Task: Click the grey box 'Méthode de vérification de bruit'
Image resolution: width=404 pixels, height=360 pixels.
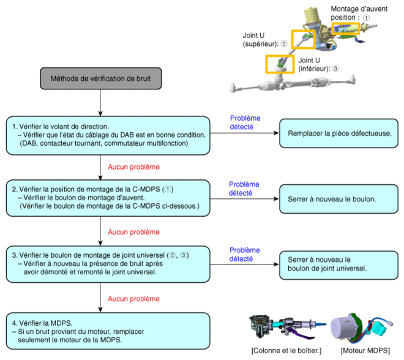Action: click(x=101, y=78)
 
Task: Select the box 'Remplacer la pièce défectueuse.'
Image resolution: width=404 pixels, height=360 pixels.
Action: click(x=339, y=133)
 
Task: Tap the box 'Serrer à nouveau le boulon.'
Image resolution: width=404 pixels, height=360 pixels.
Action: click(x=339, y=199)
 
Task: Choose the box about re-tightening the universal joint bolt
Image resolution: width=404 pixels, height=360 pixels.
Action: click(x=339, y=264)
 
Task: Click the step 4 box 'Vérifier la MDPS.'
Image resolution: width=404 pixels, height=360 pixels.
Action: click(x=108, y=331)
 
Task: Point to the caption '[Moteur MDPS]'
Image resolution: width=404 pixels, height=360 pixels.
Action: click(x=365, y=350)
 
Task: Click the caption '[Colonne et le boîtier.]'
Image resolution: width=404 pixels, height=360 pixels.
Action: click(x=286, y=350)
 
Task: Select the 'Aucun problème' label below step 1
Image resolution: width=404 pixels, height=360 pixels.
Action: click(x=133, y=167)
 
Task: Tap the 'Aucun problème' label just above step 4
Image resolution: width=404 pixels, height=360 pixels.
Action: click(x=133, y=299)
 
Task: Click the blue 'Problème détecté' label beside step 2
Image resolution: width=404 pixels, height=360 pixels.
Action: click(x=244, y=189)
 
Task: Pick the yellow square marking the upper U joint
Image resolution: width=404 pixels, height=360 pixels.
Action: click(x=303, y=39)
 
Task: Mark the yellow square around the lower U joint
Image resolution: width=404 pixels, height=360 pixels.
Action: click(x=280, y=64)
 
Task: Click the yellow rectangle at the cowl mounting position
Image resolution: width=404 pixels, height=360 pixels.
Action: click(x=345, y=29)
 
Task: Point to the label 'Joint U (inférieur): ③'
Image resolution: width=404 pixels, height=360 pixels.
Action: click(x=318, y=64)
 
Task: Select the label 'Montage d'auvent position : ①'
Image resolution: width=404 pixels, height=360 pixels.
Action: click(x=359, y=13)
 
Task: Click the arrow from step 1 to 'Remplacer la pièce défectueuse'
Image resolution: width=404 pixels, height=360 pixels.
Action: click(x=244, y=133)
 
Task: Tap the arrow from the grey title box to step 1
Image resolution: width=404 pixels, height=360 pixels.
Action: click(x=100, y=103)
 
